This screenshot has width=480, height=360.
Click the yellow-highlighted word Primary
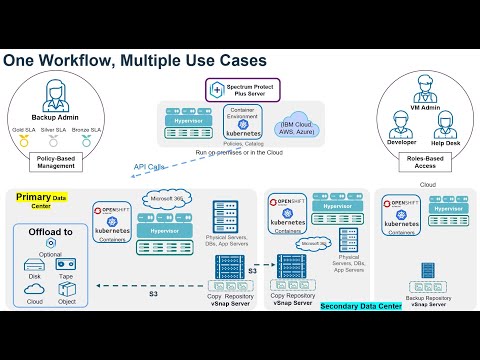pos(32,198)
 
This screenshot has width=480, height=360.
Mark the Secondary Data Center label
pos(361,305)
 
